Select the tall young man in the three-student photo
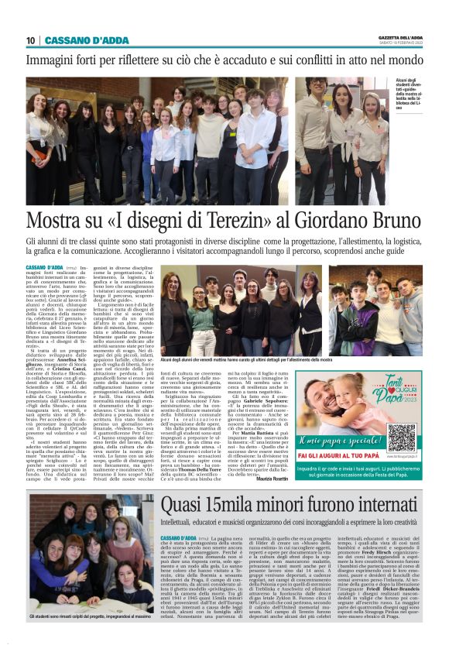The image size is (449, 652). tap(313, 132)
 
